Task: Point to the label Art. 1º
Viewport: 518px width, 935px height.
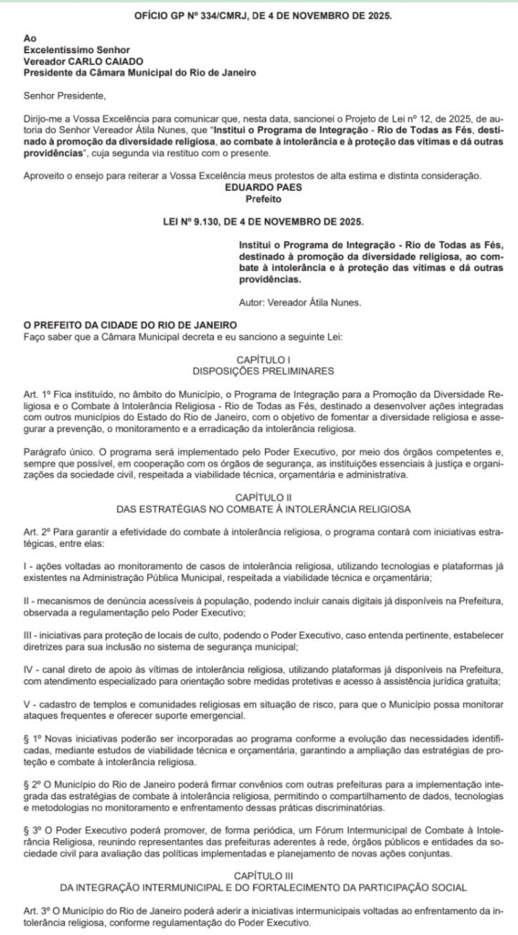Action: coord(38,394)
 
